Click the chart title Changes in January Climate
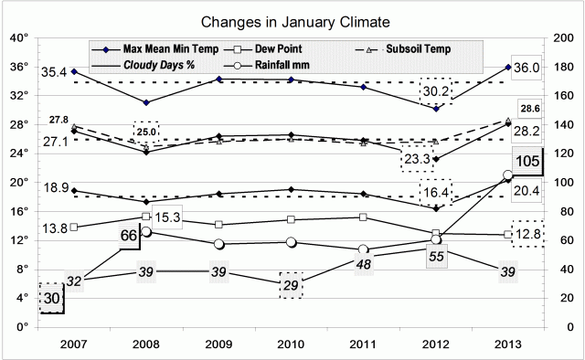tap(292, 20)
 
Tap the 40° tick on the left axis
tap(20, 37)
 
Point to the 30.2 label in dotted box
tap(437, 90)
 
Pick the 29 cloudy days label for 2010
tap(291, 286)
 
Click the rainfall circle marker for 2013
tap(507, 175)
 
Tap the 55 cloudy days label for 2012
tap(436, 257)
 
